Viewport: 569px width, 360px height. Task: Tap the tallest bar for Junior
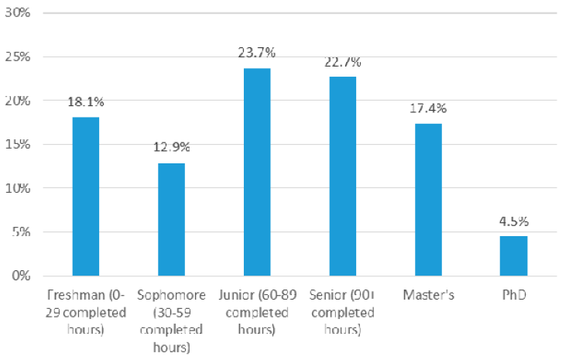(257, 172)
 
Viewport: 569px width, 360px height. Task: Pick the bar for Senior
(342, 176)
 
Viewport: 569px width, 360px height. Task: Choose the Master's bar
(428, 199)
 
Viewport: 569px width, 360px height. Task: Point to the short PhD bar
(513, 255)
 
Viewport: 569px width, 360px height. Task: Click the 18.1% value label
(85, 101)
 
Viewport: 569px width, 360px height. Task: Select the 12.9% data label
(171, 146)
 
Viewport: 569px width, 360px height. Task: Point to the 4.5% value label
(513, 220)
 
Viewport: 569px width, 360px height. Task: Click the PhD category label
(513, 295)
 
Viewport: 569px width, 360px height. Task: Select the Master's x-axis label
(428, 295)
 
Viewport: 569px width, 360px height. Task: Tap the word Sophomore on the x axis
(171, 295)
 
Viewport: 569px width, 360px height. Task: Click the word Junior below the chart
(244, 295)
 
